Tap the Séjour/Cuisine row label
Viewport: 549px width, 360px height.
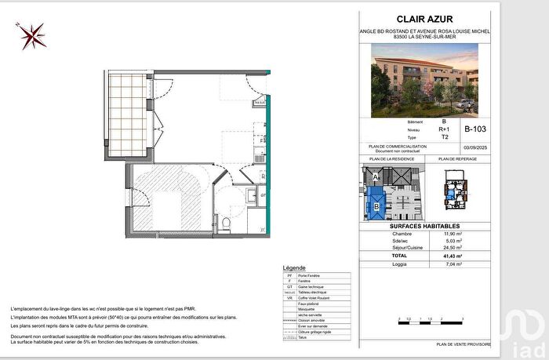coord(402,248)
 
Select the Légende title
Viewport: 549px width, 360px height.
coord(294,268)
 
